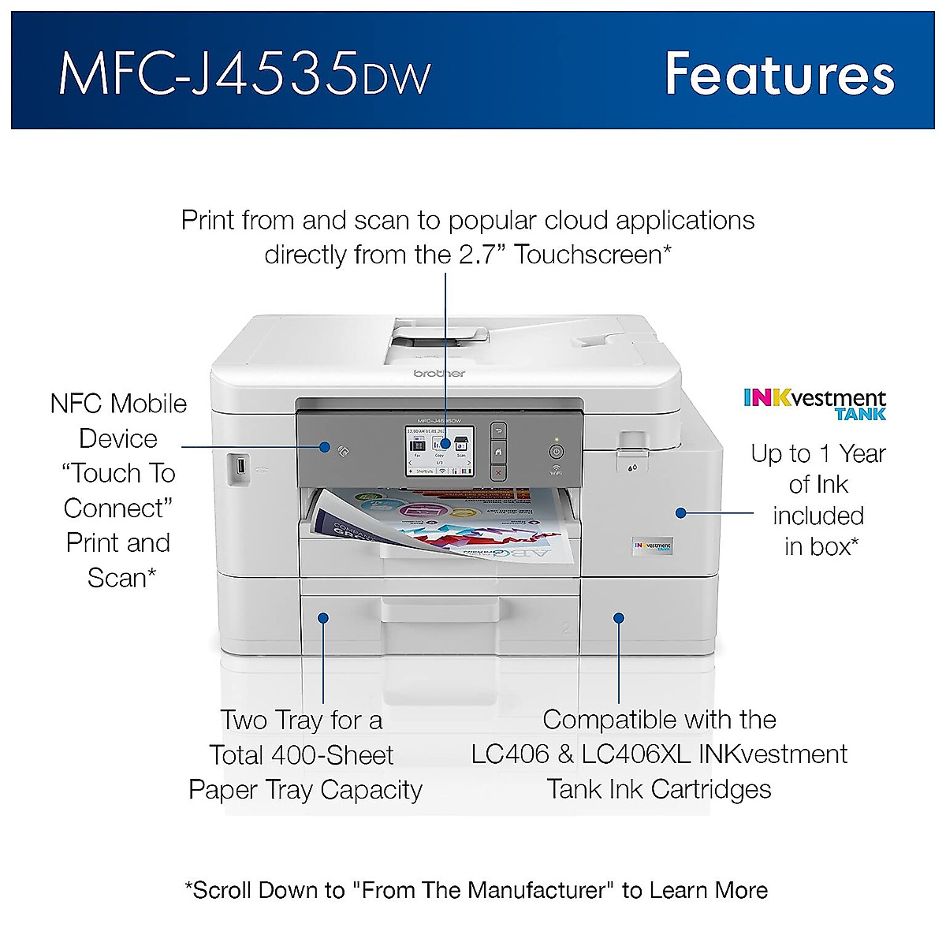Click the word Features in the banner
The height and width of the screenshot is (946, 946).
[x=779, y=74]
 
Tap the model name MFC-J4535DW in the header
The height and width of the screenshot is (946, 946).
[x=244, y=75]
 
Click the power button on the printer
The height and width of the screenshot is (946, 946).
[x=557, y=452]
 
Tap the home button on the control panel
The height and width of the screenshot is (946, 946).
[x=498, y=452]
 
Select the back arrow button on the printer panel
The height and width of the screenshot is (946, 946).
[x=498, y=431]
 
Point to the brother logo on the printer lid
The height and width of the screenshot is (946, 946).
[x=439, y=373]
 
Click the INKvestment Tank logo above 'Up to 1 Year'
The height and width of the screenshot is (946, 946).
[x=815, y=404]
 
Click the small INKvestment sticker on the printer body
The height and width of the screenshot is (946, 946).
[x=653, y=546]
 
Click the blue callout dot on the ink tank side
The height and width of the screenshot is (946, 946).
[x=681, y=513]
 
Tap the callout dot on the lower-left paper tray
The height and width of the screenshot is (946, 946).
[x=323, y=618]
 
